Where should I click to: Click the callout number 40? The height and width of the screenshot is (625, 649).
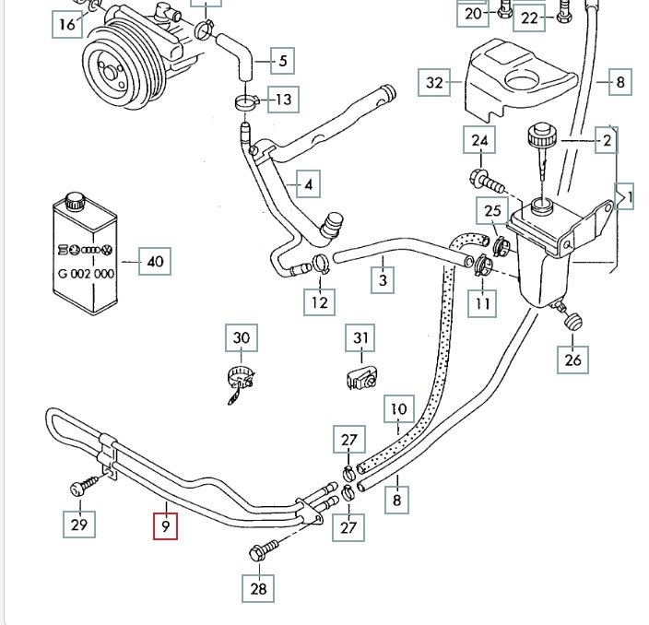pos(154,262)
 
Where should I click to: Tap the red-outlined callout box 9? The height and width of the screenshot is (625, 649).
pos(165,525)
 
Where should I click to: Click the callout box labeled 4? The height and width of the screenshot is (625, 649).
pos(308,184)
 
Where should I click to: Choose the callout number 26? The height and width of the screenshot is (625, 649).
pos(573,360)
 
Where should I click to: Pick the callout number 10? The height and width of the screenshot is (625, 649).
pos(398,408)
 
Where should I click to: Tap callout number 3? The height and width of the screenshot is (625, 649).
pos(383,279)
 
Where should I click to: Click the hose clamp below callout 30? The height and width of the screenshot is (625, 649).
pos(238,379)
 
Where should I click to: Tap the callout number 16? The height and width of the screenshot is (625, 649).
pos(66,24)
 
